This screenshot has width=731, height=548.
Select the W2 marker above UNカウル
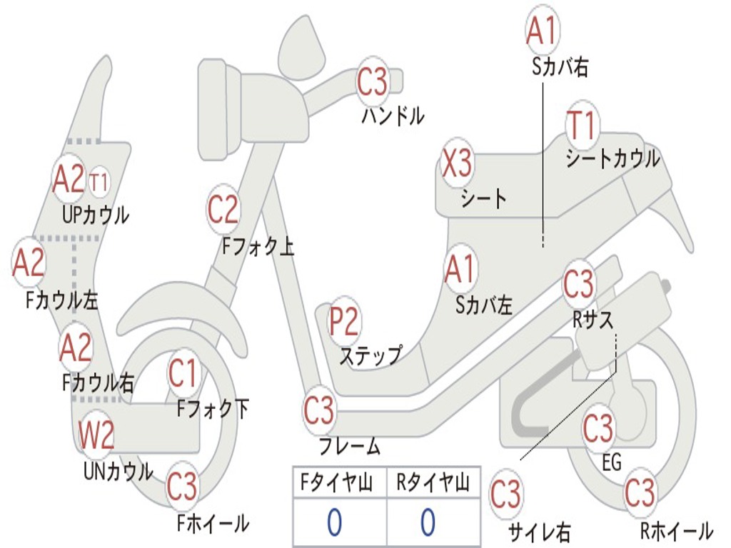pyautogui.click(x=96, y=436)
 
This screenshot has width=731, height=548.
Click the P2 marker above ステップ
pyautogui.click(x=344, y=323)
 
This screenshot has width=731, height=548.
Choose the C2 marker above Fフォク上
pyautogui.click(x=223, y=210)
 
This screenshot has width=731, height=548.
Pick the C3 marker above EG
pyautogui.click(x=598, y=429)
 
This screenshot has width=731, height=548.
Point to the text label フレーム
pyautogui.click(x=349, y=447)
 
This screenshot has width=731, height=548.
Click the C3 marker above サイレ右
pyautogui.click(x=505, y=494)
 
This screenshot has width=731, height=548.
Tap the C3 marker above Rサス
pyautogui.click(x=579, y=284)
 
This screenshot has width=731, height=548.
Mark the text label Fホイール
pyautogui.click(x=213, y=523)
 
